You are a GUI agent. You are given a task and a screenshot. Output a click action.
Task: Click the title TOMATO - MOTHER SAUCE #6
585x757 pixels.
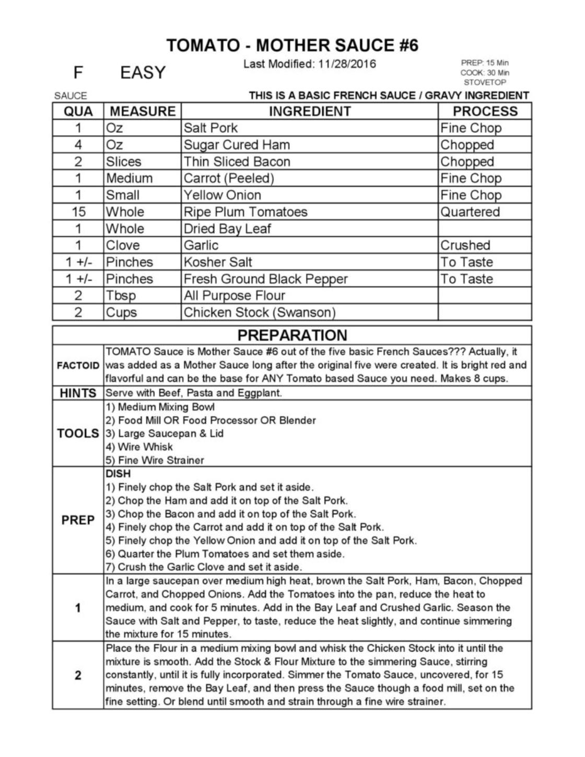(292, 45)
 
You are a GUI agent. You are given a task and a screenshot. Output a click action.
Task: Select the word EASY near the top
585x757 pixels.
(143, 73)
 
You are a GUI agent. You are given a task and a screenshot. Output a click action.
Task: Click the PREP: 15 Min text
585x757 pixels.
(485, 63)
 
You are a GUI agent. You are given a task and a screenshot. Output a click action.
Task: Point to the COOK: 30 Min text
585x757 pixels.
(485, 73)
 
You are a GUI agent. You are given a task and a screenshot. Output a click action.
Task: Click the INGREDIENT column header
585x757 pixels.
(310, 111)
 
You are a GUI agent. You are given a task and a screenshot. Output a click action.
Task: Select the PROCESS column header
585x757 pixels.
(485, 111)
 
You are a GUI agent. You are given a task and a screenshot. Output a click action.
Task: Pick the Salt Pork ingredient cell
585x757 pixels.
(210, 128)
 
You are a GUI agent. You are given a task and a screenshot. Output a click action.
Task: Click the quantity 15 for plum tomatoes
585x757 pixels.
(78, 212)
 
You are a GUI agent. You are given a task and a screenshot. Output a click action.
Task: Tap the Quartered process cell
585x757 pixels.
(470, 212)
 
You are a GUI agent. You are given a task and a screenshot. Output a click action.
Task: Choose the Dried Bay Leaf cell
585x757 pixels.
(227, 229)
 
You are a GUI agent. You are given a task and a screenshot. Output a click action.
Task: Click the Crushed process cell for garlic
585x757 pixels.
(465, 245)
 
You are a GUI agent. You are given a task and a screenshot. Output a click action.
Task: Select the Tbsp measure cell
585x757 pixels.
(121, 296)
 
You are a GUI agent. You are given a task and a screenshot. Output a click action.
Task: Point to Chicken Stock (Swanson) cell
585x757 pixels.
(259, 313)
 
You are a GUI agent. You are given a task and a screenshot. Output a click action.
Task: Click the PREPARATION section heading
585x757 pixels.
(292, 335)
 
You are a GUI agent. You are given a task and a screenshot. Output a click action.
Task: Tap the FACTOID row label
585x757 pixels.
(78, 365)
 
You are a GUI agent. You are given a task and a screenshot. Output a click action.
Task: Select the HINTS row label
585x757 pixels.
(78, 393)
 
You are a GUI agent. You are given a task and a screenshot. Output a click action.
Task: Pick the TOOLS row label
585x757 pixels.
(78, 434)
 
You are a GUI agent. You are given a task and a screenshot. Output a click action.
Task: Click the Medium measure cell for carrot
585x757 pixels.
(129, 178)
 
